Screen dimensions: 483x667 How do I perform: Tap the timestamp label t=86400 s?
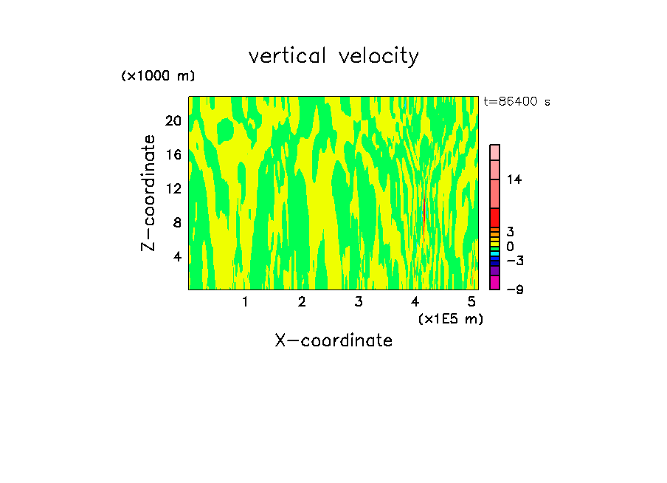click(x=516, y=102)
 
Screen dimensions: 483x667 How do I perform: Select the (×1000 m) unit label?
click(x=157, y=76)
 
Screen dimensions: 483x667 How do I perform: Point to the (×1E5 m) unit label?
click(x=450, y=318)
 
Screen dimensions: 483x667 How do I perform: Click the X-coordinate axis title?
click(x=333, y=340)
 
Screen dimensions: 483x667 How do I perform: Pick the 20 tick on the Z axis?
click(x=173, y=121)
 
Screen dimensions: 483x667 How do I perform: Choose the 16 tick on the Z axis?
click(x=173, y=155)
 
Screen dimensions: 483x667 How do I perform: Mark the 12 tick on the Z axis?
click(x=173, y=189)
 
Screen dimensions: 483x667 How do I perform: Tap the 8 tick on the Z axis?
click(x=176, y=223)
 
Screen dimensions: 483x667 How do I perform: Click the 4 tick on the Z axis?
click(x=176, y=257)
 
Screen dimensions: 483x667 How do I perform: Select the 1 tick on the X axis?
click(x=245, y=301)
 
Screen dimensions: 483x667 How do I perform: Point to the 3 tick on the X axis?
click(x=358, y=301)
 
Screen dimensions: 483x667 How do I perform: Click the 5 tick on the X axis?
click(x=471, y=301)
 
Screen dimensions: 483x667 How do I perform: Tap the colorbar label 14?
click(x=514, y=179)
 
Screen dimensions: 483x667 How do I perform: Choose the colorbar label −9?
click(x=514, y=290)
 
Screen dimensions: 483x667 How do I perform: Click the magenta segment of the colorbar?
click(x=494, y=282)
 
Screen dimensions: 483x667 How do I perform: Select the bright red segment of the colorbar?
click(x=494, y=217)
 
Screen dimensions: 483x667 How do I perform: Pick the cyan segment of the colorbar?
click(x=494, y=254)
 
